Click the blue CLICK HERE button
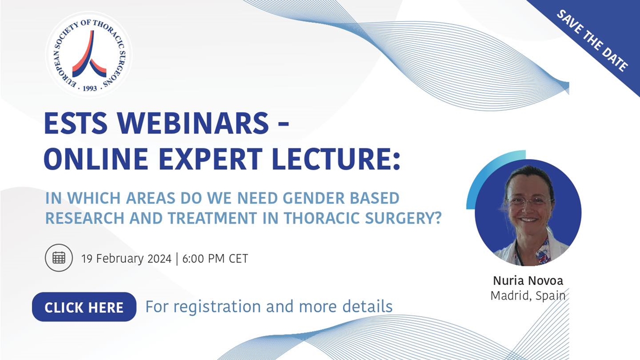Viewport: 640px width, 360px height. click(84, 307)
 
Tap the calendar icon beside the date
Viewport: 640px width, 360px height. click(59, 258)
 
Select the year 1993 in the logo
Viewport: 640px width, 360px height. click(89, 88)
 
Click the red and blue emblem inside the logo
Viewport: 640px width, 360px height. click(89, 54)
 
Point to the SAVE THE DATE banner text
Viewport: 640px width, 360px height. click(592, 40)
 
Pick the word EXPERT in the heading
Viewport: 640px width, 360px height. click(210, 159)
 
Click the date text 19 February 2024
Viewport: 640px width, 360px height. click(126, 258)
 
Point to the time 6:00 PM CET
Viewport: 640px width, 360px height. click(215, 258)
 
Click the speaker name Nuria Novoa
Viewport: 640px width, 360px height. click(528, 280)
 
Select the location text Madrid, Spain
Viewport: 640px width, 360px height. click(528, 295)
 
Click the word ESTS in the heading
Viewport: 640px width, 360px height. click(75, 123)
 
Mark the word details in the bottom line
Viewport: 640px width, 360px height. click(367, 306)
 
